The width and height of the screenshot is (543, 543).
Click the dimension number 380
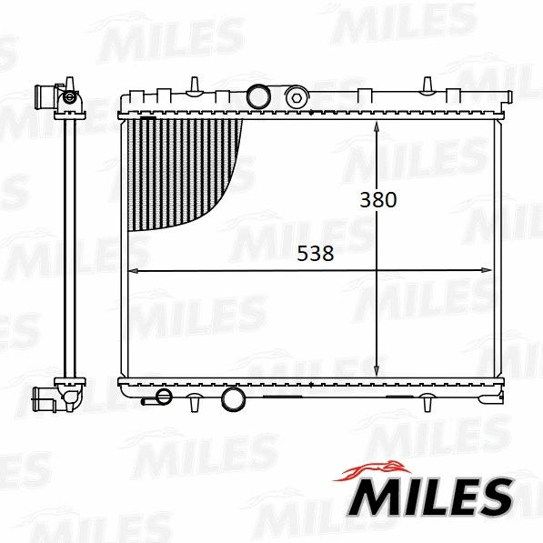pyautogui.click(x=377, y=199)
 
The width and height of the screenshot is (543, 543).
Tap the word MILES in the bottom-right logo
pyautogui.click(x=434, y=498)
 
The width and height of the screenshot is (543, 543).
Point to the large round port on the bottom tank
pyautogui.click(x=234, y=397)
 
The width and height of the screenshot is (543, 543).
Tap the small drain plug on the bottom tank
pyautogui.click(x=163, y=397)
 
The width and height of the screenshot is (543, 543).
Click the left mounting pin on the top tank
pyautogui.click(x=194, y=85)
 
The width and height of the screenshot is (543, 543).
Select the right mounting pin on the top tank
pyautogui.click(x=426, y=85)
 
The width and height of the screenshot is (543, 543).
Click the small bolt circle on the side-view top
pyautogui.click(x=69, y=96)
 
